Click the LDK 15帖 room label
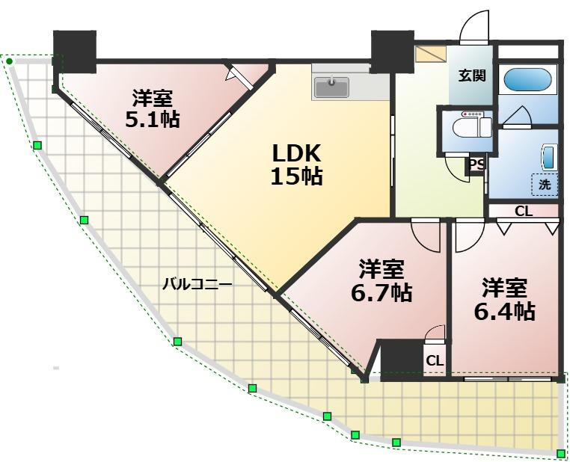click(x=297, y=164)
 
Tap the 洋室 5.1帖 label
click(x=153, y=108)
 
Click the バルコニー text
click(x=197, y=284)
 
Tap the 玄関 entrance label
click(x=471, y=76)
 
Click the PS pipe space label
click(x=476, y=165)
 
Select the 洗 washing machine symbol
click(x=545, y=185)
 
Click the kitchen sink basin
click(x=331, y=87)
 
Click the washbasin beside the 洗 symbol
click(x=549, y=157)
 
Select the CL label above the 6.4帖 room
click(x=524, y=211)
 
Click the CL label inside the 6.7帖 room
click(x=435, y=360)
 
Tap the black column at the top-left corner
click(x=75, y=52)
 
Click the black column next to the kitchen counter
click(x=393, y=52)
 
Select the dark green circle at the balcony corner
click(x=10, y=61)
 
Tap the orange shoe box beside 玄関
click(x=431, y=54)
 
